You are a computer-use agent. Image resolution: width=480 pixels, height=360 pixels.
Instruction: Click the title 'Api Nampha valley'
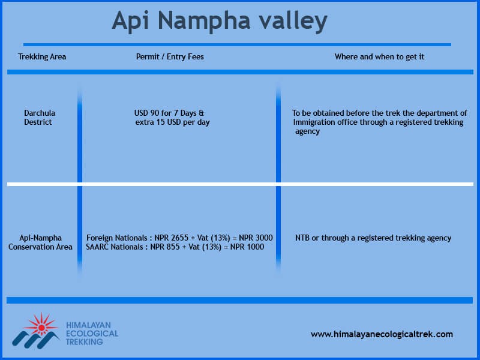220,21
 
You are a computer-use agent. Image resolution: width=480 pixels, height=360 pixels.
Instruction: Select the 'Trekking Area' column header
42,56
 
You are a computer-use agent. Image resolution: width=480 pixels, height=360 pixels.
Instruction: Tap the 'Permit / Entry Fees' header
170,56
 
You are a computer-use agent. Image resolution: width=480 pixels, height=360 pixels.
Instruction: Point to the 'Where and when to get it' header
379,56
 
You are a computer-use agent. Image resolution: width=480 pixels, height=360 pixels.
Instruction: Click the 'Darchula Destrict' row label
40,118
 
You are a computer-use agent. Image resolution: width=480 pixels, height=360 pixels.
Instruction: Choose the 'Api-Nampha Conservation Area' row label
40,242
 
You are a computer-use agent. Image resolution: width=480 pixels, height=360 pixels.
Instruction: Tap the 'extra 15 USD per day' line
172,122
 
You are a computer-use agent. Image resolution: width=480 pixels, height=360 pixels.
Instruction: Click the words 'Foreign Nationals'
116,238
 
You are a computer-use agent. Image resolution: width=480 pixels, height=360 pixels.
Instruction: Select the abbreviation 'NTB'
302,238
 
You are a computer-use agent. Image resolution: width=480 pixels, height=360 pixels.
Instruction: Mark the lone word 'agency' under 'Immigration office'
307,131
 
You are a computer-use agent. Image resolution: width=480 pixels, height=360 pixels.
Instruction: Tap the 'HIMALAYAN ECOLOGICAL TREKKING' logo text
92,334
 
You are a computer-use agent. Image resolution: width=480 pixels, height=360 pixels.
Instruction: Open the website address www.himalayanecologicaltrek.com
382,334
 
